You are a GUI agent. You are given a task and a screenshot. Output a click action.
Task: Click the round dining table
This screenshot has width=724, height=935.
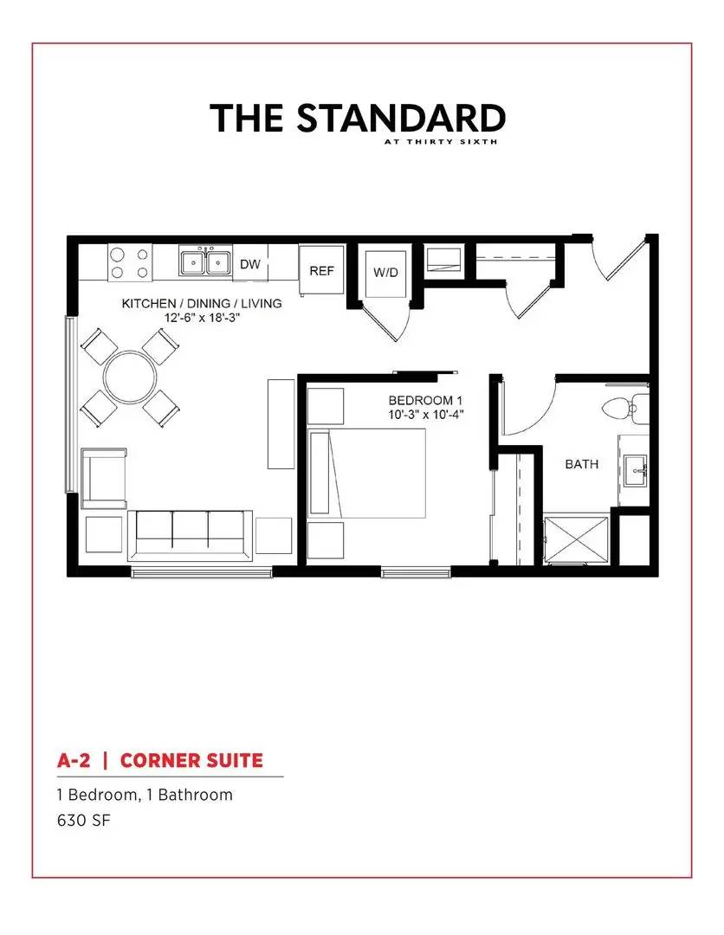(x=131, y=377)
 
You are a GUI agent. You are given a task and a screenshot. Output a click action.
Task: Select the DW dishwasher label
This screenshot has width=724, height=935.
(x=250, y=264)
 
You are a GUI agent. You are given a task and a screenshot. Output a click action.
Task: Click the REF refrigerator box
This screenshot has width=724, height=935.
(x=321, y=271)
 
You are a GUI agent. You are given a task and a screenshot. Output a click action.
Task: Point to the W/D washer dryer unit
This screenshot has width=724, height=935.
(x=385, y=274)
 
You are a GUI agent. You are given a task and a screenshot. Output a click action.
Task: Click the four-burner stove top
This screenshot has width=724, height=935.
(x=130, y=263)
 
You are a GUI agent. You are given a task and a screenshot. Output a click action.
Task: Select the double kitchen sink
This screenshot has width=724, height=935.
(x=204, y=261)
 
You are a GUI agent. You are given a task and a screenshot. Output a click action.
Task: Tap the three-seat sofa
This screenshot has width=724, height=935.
(x=190, y=533)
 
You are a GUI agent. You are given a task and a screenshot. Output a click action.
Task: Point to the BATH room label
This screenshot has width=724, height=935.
(x=582, y=464)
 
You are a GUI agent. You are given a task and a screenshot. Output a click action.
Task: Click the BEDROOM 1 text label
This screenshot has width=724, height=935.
(x=421, y=401)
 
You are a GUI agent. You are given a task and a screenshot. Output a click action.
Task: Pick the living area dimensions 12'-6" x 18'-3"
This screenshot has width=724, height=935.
(x=202, y=318)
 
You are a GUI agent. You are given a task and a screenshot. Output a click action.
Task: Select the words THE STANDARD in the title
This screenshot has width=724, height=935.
(x=358, y=118)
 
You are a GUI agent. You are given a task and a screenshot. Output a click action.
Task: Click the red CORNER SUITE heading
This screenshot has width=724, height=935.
(x=191, y=761)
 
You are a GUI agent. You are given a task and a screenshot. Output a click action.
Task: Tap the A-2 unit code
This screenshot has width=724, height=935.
(x=74, y=761)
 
